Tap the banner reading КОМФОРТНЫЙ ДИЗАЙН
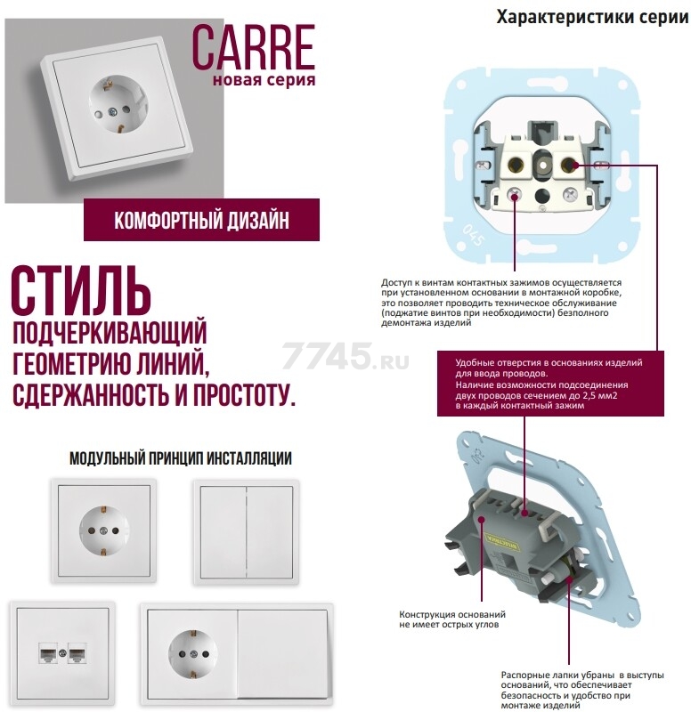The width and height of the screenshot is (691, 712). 201,219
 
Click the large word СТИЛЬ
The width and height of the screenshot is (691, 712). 81,290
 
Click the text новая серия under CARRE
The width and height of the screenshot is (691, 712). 264,81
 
